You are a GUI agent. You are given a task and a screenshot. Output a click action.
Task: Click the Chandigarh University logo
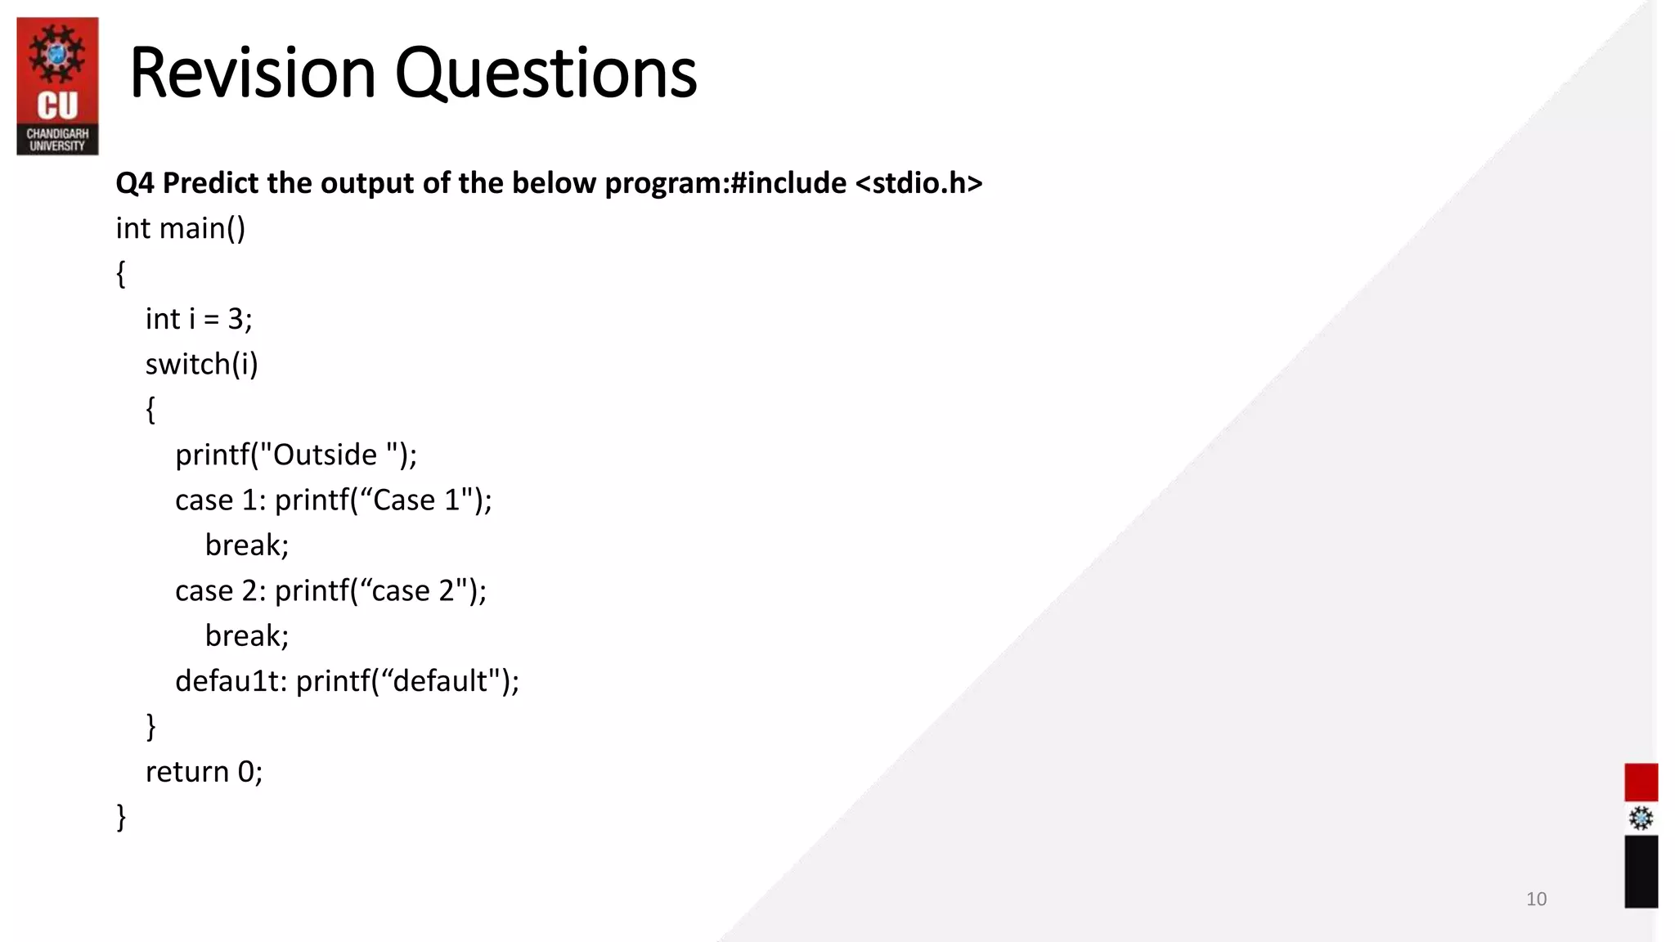(57, 86)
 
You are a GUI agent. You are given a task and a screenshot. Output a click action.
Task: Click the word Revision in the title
(252, 74)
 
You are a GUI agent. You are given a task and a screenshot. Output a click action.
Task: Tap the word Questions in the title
(546, 74)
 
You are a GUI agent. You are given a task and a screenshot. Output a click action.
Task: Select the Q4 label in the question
(134, 183)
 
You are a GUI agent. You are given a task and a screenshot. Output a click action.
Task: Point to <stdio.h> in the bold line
(918, 183)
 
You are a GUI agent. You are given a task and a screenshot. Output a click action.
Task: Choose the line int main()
(180, 228)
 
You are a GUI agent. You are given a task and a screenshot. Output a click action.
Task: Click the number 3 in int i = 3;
(236, 319)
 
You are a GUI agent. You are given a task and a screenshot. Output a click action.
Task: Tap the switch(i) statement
(201, 364)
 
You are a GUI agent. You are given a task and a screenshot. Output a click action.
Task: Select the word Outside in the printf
(325, 455)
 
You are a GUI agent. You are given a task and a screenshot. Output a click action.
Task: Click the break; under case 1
(247, 545)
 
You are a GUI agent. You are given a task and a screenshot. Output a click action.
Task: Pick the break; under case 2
(247, 636)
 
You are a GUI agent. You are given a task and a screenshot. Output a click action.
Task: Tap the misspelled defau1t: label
(231, 681)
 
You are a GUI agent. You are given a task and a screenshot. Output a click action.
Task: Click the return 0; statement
(204, 772)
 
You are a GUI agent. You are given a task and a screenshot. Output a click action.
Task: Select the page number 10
(1536, 899)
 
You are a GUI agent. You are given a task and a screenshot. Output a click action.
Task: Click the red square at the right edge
(1641, 783)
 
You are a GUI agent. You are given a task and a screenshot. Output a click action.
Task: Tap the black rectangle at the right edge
(1641, 872)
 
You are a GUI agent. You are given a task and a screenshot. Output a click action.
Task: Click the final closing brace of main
(122, 817)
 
